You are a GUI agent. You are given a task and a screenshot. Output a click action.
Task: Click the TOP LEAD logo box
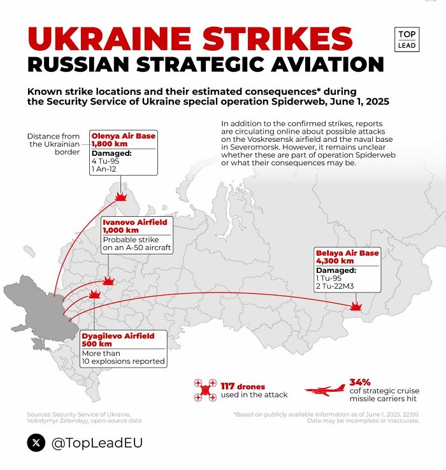(406, 39)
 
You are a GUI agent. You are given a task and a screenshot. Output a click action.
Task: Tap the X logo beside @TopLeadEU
(36, 442)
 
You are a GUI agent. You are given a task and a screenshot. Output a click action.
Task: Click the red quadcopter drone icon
(206, 390)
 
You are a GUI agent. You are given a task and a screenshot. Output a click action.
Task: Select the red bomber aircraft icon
(324, 390)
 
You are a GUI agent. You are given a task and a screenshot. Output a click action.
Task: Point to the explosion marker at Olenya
(120, 197)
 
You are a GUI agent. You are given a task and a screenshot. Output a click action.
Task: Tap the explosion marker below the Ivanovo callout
(109, 281)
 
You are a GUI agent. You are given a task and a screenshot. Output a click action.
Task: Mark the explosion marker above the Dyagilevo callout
(95, 294)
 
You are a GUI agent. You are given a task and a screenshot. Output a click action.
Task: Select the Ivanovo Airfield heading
(134, 222)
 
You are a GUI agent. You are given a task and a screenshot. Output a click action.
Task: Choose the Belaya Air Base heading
(347, 253)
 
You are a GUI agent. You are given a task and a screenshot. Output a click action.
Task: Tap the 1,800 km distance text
(109, 144)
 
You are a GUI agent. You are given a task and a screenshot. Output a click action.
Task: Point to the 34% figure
(360, 382)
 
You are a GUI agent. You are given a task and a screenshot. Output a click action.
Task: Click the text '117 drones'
(243, 386)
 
